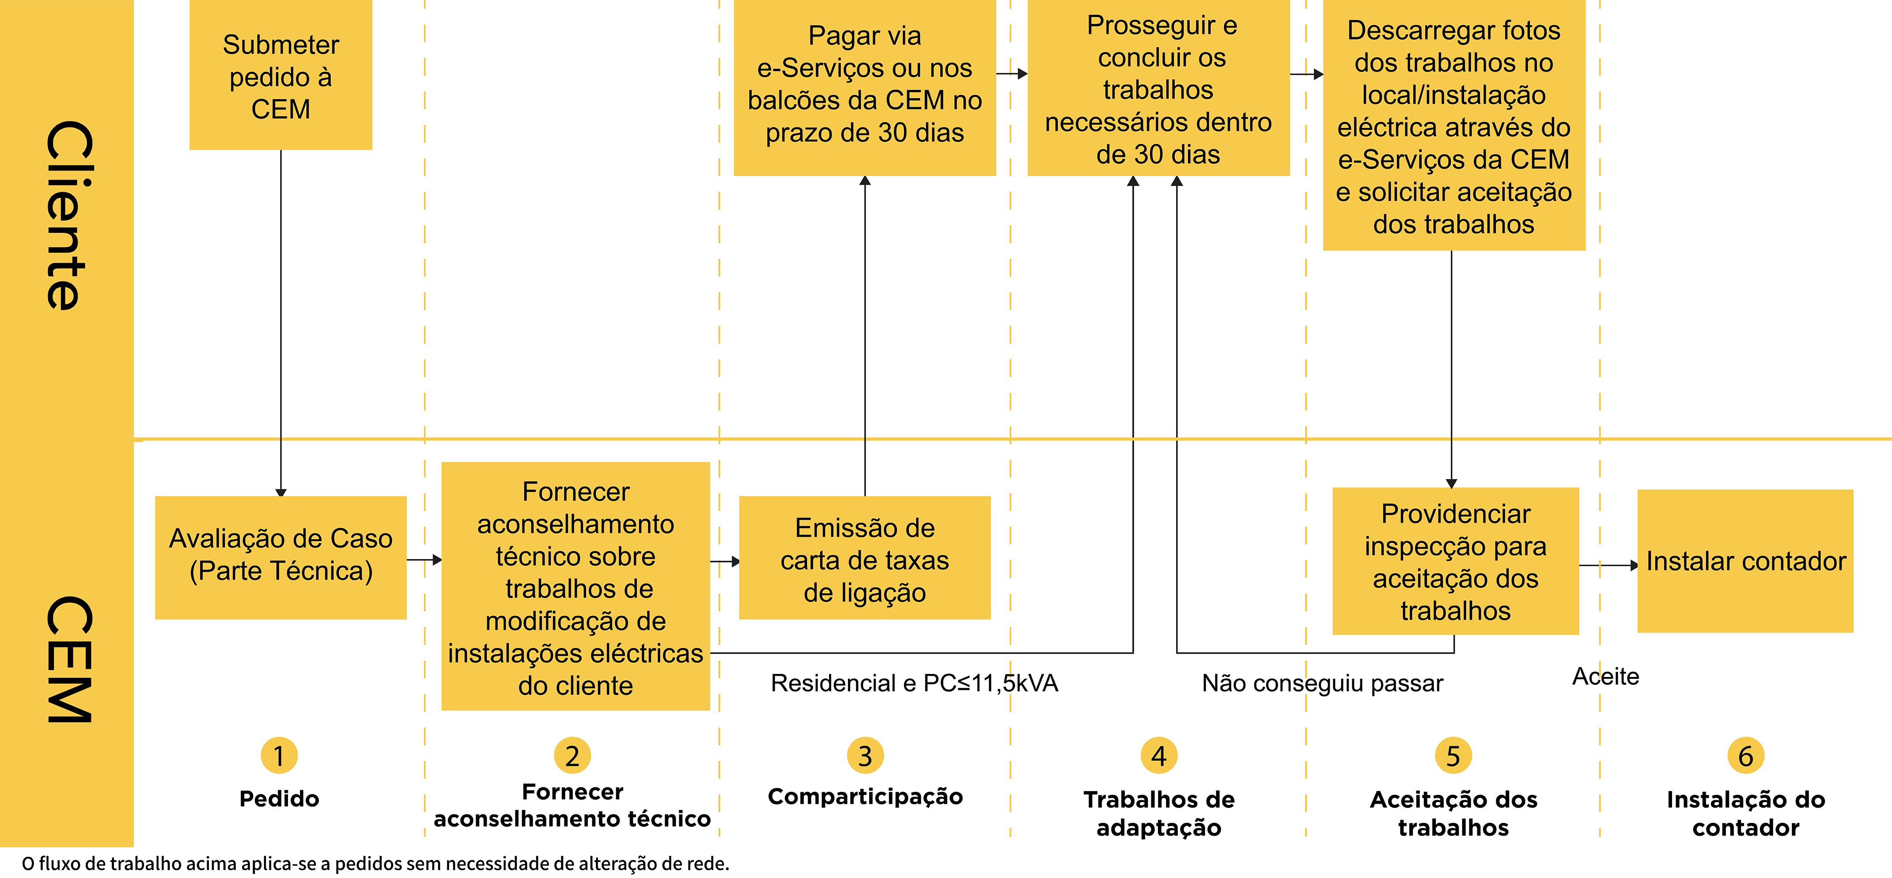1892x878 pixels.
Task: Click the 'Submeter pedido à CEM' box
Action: [x=280, y=75]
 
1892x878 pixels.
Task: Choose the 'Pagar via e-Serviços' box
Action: [x=864, y=87]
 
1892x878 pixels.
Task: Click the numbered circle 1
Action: [x=279, y=755]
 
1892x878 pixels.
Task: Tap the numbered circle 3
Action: [x=865, y=755]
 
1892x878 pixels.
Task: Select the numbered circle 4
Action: [x=1159, y=755]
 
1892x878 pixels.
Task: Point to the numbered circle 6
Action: [x=1746, y=755]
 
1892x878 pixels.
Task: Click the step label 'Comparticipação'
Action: [x=865, y=796]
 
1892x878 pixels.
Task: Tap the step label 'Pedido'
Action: [x=279, y=799]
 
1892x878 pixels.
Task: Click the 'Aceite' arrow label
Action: [x=1605, y=676]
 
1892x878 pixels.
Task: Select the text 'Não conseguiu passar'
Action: [x=1322, y=683]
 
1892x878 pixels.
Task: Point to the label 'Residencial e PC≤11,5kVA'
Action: [x=914, y=683]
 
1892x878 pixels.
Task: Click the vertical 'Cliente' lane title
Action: [x=70, y=215]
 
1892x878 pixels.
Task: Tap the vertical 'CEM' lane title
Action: [x=70, y=659]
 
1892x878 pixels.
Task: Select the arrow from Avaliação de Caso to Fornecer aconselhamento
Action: [x=424, y=560]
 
